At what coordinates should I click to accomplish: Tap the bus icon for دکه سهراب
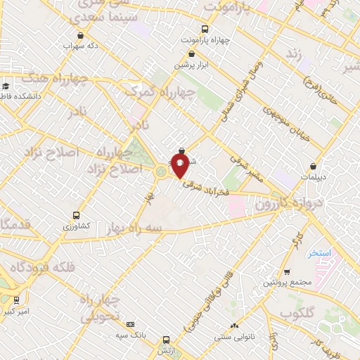click(x=79, y=35)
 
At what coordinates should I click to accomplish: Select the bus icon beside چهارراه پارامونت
click(x=205, y=30)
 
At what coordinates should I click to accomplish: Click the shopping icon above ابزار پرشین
click(x=191, y=53)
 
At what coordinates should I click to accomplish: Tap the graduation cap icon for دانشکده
click(x=4, y=84)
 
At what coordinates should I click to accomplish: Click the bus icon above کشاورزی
click(x=76, y=215)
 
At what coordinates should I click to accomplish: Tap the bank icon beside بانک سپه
click(x=130, y=324)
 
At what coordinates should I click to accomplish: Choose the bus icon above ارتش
click(x=166, y=339)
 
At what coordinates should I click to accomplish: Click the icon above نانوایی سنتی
click(x=234, y=325)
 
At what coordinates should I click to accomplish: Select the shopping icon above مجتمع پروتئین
click(x=287, y=272)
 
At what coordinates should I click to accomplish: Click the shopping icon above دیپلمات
click(x=313, y=167)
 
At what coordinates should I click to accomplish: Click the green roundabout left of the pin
click(x=162, y=172)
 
